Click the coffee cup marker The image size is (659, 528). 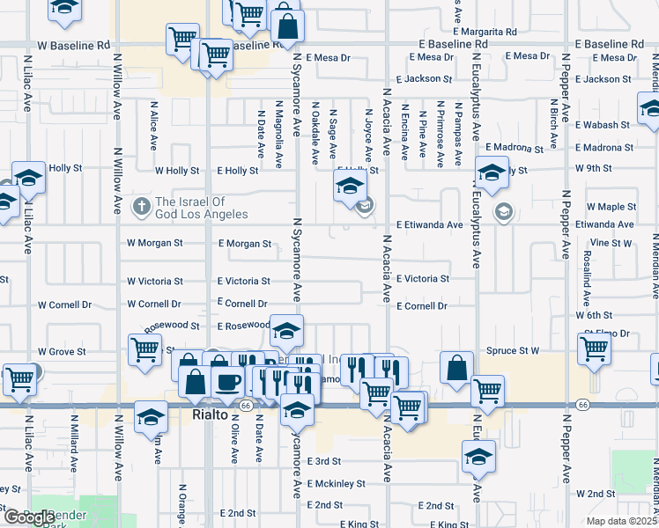(228, 382)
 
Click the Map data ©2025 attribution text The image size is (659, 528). (622, 521)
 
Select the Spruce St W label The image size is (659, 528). (512, 350)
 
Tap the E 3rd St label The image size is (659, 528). (323, 461)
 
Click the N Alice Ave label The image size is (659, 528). (153, 128)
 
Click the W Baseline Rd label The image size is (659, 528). (73, 44)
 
